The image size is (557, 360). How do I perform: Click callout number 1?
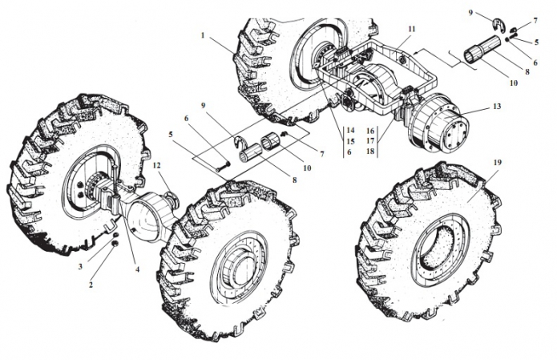click(204, 36)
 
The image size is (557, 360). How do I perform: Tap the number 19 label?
click(498, 164)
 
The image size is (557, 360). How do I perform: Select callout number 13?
click(497, 107)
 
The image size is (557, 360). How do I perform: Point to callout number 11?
click(411, 29)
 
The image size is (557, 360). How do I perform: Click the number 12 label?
click(157, 166)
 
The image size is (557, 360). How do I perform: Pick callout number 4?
click(137, 269)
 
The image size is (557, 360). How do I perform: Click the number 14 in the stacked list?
click(350, 129)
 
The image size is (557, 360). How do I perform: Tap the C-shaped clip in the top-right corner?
click(497, 23)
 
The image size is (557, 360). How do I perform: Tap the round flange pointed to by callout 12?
click(171, 196)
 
